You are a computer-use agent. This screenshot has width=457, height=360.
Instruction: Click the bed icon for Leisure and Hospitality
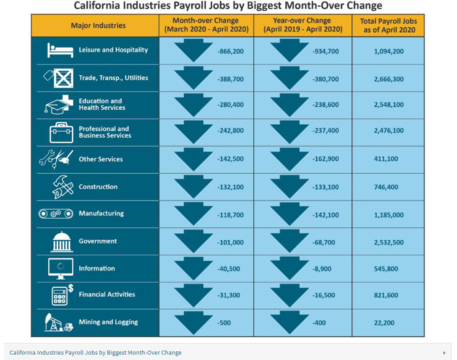(x=59, y=50)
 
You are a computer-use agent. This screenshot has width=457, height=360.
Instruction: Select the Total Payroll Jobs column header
(x=388, y=25)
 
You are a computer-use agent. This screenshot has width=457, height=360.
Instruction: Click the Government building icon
(x=61, y=242)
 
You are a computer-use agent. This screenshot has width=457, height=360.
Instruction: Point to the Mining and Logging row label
(x=108, y=322)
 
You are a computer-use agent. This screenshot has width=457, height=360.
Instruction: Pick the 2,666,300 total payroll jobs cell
(x=388, y=78)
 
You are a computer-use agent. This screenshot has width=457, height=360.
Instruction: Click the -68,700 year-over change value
(x=324, y=242)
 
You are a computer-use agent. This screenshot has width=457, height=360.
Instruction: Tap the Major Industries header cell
(x=99, y=25)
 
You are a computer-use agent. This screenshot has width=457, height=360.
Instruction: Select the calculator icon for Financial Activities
(x=61, y=295)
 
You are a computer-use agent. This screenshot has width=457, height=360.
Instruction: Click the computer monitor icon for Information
(x=61, y=268)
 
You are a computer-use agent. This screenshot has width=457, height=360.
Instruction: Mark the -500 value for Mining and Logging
(x=225, y=323)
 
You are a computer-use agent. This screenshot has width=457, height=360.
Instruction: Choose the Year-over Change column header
(x=302, y=25)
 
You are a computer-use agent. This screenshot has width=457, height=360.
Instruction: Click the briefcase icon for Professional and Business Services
(x=61, y=132)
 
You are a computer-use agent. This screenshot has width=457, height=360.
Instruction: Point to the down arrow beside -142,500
(x=194, y=159)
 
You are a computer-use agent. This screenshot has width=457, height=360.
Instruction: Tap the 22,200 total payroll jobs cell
(x=388, y=323)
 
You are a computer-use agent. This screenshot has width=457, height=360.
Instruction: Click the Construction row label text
(x=98, y=187)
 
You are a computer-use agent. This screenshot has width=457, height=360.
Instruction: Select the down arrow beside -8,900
(x=290, y=268)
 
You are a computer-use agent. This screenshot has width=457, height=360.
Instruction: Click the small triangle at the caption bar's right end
(x=445, y=353)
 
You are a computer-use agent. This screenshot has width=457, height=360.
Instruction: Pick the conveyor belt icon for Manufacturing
(x=55, y=214)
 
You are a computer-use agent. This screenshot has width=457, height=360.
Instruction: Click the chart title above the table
(x=228, y=6)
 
